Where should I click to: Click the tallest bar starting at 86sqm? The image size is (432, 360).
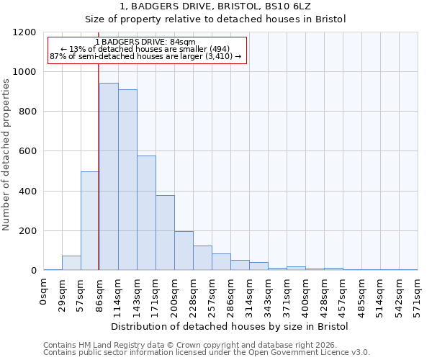109,176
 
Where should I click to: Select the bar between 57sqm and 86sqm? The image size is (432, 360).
90,221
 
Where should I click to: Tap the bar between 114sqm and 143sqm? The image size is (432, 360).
127,180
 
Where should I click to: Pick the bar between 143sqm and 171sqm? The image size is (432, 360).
146,213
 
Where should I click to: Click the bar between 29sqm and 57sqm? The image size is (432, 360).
71,263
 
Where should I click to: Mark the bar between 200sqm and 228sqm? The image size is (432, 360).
184,251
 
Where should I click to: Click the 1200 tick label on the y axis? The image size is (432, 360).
24,32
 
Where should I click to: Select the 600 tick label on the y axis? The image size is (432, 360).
27,152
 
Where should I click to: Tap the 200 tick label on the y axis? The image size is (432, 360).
27,231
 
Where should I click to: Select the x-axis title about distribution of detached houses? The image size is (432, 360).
230,327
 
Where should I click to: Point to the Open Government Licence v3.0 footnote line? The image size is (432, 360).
207,352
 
